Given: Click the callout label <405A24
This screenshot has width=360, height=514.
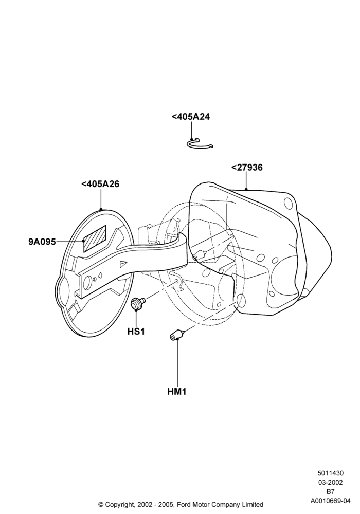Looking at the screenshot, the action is (190, 117).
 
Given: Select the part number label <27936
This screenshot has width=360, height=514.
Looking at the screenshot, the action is (247, 168).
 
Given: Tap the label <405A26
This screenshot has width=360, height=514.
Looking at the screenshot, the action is (100, 184).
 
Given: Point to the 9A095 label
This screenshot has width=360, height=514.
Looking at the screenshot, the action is (42, 242).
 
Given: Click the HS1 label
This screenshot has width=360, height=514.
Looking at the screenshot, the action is (136, 332).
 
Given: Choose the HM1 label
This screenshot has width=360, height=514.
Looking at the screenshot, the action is (177, 391).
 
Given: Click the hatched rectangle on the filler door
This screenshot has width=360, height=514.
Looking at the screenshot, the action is (95, 238).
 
